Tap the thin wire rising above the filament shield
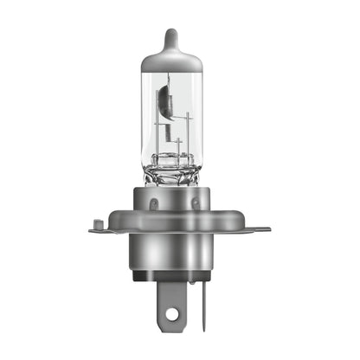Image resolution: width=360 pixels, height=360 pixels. [x=169, y=78]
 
